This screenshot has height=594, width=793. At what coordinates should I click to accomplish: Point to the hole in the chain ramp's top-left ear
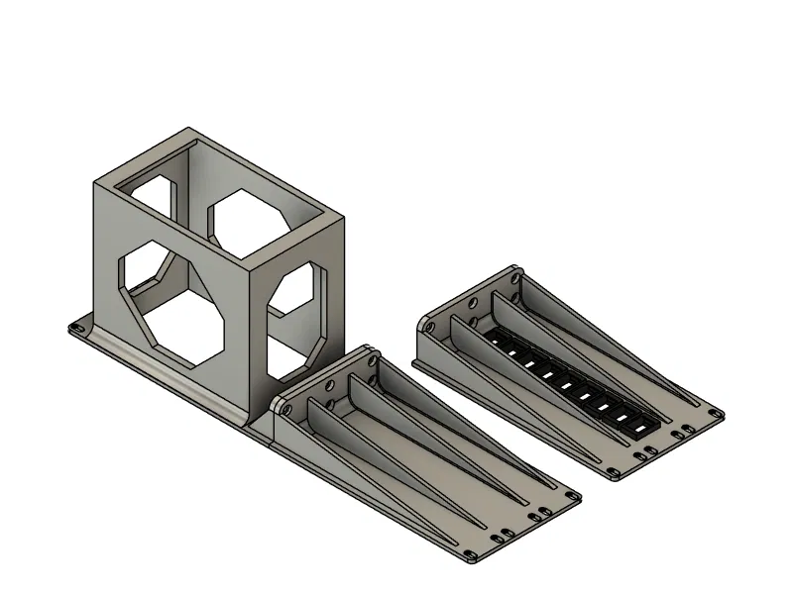click(429, 324)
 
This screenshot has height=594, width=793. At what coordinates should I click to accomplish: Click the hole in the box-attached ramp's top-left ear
click(282, 404)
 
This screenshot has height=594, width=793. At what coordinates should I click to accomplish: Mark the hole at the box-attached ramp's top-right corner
click(373, 358)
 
